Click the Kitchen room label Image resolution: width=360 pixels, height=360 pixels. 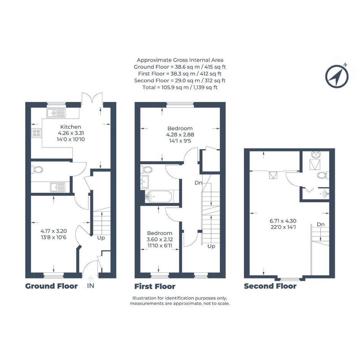[x=70, y=127]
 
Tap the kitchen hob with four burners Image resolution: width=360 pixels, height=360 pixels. [x=37, y=133]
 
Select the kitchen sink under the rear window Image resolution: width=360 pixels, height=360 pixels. [x=56, y=113]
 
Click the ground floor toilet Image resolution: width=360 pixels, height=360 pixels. [x=37, y=170]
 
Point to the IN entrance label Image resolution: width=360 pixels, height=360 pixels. [x=91, y=286]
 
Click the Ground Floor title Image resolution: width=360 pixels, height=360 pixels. [x=51, y=286]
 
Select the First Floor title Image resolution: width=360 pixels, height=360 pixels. [x=155, y=286]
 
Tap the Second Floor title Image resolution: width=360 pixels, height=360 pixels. [x=270, y=286]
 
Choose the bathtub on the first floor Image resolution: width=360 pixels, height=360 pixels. [x=158, y=197]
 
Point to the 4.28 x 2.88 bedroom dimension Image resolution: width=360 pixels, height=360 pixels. [x=180, y=134]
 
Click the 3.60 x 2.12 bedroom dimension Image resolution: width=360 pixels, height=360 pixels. [x=160, y=239]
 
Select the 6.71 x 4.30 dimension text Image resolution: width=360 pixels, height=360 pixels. [x=283, y=221]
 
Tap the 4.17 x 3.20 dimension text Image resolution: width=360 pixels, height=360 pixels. [x=53, y=231]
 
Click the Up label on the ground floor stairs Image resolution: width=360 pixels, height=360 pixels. [x=101, y=238]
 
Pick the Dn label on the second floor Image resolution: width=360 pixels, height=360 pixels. [x=321, y=224]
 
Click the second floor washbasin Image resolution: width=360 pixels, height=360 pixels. [x=316, y=155]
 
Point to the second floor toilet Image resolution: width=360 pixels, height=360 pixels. [x=323, y=175]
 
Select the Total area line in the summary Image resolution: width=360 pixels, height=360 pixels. [x=180, y=88]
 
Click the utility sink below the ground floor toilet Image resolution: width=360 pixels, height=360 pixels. [x=58, y=187]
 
